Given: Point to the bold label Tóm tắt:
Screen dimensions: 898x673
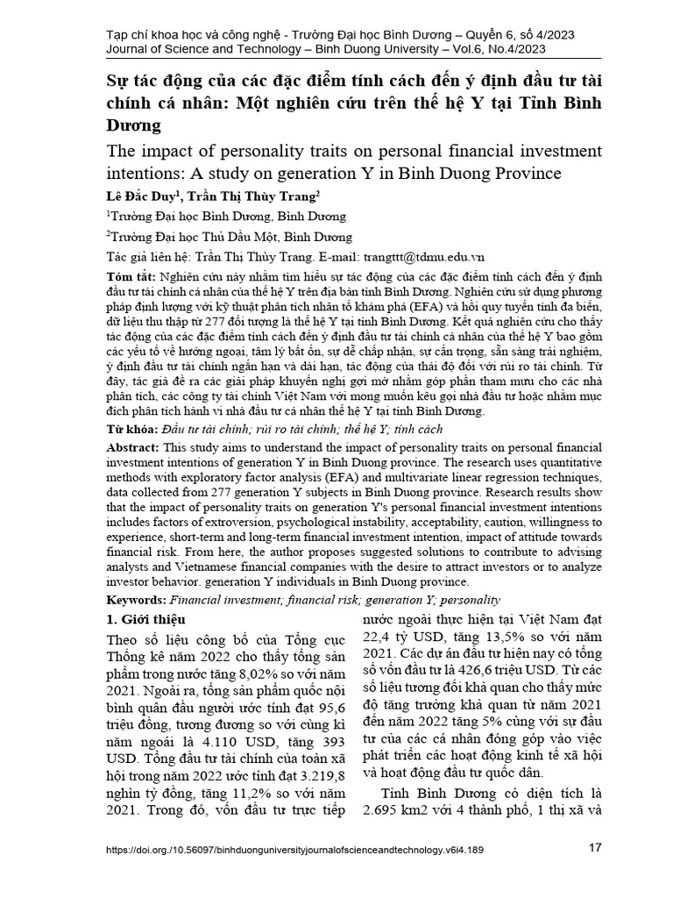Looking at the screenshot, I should tap(127, 274).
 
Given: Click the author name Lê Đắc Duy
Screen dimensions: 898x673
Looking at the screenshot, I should tap(134, 194).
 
